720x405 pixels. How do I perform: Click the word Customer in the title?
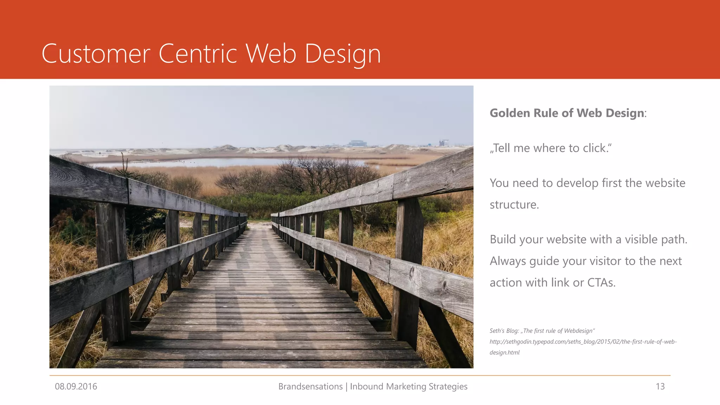pyautogui.click(x=96, y=54)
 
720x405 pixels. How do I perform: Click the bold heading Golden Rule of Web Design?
pyautogui.click(x=567, y=113)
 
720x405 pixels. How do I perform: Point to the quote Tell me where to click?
pyautogui.click(x=551, y=148)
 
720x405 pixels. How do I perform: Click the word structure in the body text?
pyautogui.click(x=514, y=205)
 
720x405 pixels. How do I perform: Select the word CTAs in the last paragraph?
pyautogui.click(x=601, y=283)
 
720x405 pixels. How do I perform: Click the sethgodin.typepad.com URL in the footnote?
pyautogui.click(x=583, y=342)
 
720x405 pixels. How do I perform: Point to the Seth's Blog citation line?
pyautogui.click(x=542, y=331)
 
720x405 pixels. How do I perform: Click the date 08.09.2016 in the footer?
pyautogui.click(x=76, y=386)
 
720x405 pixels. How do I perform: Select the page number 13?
pyautogui.click(x=660, y=386)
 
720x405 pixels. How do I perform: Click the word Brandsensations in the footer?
pyautogui.click(x=310, y=386)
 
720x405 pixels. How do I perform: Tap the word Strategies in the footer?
pyautogui.click(x=448, y=386)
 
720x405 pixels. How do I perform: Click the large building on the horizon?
pyautogui.click(x=358, y=143)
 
